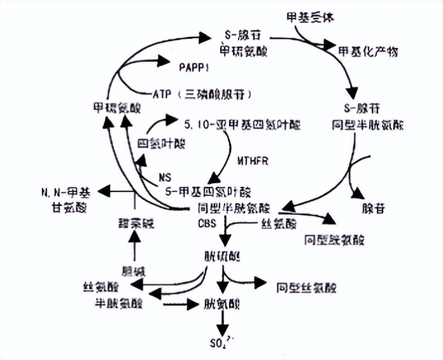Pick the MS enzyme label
(x=165, y=176)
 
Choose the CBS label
(x=208, y=223)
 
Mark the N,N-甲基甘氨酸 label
(x=66, y=198)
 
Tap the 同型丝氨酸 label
(x=307, y=287)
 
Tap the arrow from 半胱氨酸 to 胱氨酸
(x=181, y=304)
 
